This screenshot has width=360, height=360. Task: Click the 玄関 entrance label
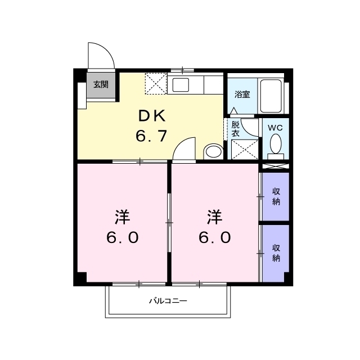[x=101, y=84]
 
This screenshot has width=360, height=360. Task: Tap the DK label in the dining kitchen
[x=152, y=116]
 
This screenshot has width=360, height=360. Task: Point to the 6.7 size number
[x=151, y=136]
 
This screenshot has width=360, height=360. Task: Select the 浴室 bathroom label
[x=242, y=94]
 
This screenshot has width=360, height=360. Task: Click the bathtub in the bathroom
[x=271, y=96]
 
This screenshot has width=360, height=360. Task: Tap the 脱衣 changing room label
[x=235, y=129]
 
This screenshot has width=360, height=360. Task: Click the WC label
[x=275, y=128]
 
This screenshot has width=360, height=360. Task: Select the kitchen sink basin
[x=181, y=85]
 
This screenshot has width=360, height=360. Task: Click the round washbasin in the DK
[x=213, y=151]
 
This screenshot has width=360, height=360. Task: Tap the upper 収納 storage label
[x=276, y=196]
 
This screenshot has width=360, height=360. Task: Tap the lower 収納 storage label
[x=276, y=253]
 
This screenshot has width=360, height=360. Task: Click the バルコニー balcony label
[x=168, y=301]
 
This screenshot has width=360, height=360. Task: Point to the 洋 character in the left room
[x=123, y=217]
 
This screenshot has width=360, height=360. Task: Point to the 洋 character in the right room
[x=215, y=217]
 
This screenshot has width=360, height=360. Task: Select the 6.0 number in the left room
[x=123, y=237]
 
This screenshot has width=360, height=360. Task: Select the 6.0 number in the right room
[x=215, y=237]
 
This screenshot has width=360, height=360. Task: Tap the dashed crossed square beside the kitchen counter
[x=156, y=84]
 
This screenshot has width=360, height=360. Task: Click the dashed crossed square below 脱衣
[x=245, y=150]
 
